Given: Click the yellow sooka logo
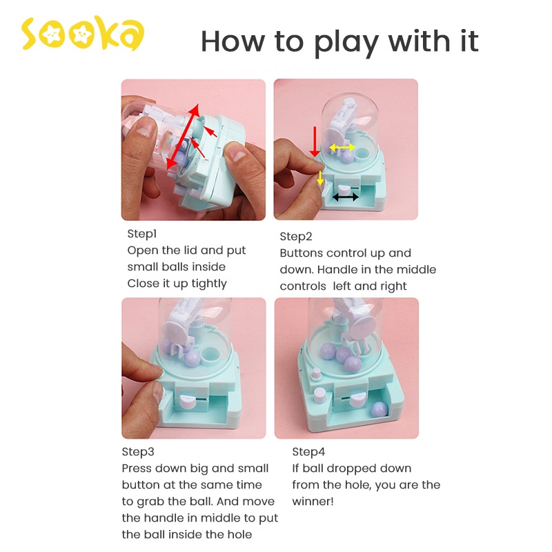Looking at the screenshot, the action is click(x=83, y=33).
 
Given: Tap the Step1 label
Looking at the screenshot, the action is click(x=142, y=234).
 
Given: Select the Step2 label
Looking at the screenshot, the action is click(x=296, y=237).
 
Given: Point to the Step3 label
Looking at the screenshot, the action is click(x=138, y=452).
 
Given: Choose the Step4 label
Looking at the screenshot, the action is click(x=308, y=452).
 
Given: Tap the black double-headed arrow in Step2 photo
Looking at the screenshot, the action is click(x=346, y=197).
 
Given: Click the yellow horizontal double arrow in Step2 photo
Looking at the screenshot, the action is click(x=342, y=148).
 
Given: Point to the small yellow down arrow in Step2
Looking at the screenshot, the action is click(x=320, y=178).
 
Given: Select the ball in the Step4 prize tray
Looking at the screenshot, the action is click(x=379, y=410).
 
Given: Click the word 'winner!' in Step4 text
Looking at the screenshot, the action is click(x=313, y=502).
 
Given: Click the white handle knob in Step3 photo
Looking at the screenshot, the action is click(x=188, y=402).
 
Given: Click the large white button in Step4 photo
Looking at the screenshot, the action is click(x=320, y=395).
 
